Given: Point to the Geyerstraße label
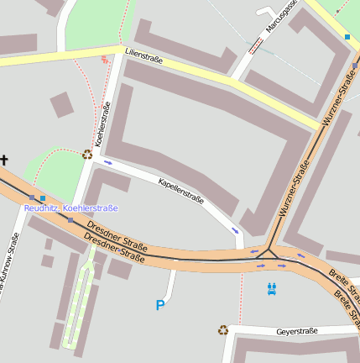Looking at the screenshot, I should (296, 331).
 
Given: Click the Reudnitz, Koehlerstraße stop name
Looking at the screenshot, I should (70, 208).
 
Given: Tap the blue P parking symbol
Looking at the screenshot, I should (159, 305).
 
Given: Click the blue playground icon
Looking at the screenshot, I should (271, 289).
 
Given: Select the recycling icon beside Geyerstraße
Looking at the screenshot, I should (222, 330).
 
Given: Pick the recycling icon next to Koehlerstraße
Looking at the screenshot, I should (87, 154).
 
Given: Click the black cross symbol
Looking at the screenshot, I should (4, 159).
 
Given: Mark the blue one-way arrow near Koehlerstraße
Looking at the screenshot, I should (107, 162).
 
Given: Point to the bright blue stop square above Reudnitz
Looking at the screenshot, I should (43, 198).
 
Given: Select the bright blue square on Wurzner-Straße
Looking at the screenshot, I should (347, 37).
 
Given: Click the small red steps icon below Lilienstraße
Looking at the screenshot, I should (104, 59).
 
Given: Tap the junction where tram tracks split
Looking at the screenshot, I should (269, 250).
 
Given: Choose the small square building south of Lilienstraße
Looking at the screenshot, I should (60, 105).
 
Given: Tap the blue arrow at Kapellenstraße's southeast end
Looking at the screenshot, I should (234, 229).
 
